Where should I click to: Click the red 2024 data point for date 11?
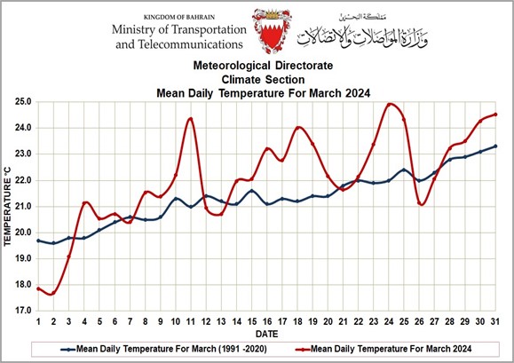[191, 119]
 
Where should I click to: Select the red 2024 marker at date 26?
[419, 203]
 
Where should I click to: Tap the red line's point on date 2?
[53, 293]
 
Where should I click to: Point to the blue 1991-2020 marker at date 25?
[404, 170]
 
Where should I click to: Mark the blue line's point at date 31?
[495, 146]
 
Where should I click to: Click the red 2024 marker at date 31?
[495, 114]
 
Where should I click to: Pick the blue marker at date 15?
[252, 191]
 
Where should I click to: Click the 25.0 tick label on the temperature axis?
[23, 101]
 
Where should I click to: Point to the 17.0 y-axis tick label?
[23, 311]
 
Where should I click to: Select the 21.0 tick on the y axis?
[23, 207]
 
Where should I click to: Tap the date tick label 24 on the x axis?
[389, 321]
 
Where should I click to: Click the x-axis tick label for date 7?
[130, 321]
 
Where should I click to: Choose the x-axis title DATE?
[267, 335]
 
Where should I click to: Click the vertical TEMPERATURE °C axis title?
[7, 207]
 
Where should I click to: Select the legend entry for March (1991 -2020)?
[163, 349]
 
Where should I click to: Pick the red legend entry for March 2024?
[384, 349]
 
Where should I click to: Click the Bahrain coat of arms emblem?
[272, 31]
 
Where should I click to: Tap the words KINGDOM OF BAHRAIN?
[179, 17]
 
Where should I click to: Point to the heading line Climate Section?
[264, 80]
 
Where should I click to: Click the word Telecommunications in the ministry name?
[190, 44]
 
